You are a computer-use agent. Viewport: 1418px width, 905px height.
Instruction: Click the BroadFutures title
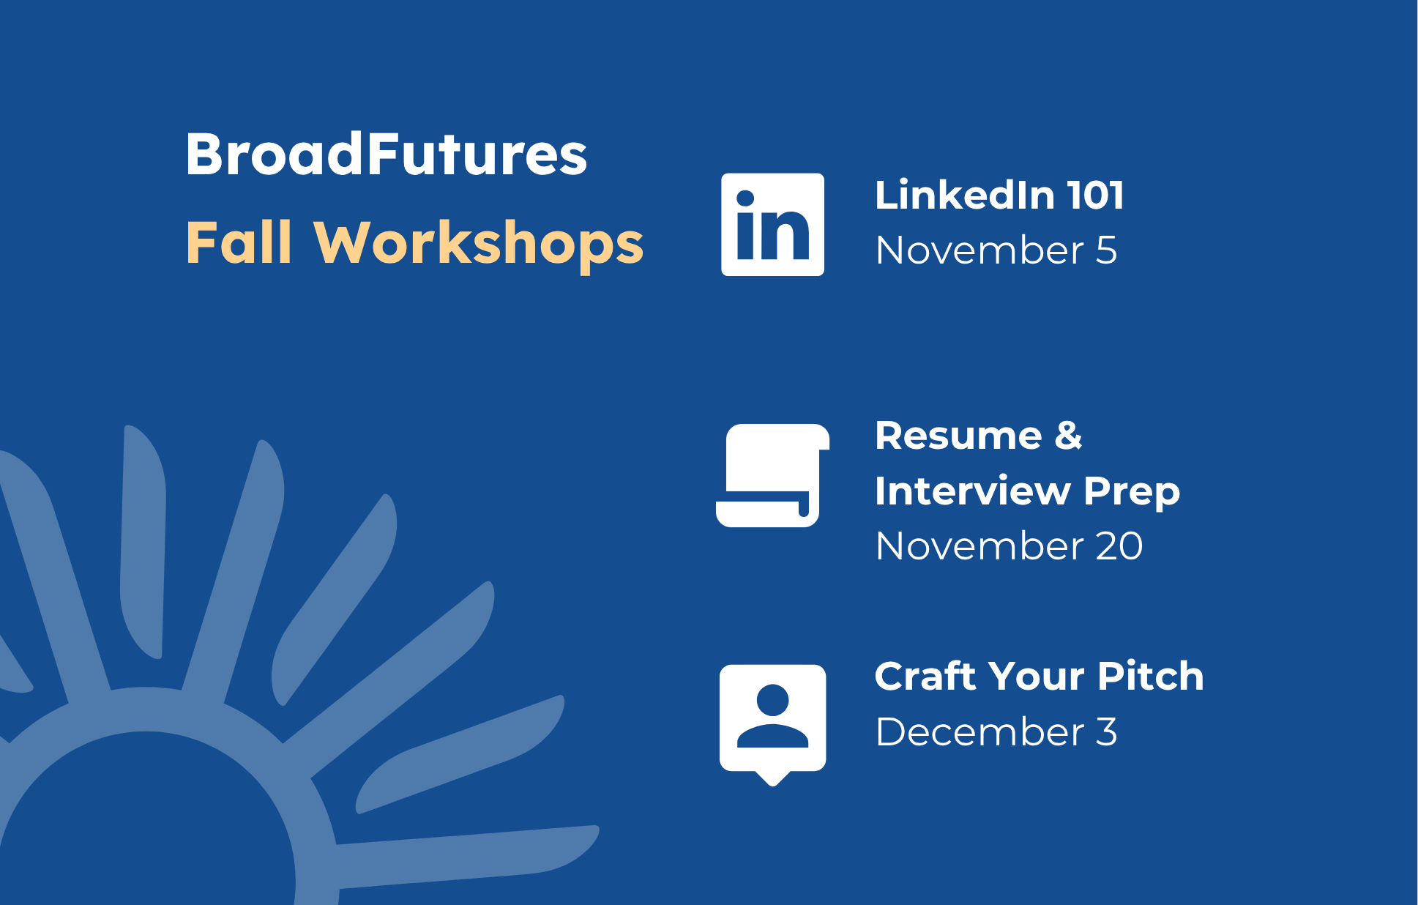point(387,154)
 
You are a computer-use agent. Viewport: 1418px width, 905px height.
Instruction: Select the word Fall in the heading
point(239,242)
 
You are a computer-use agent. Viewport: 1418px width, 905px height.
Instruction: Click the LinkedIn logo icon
point(772,224)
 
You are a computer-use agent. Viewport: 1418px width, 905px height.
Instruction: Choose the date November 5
point(996,250)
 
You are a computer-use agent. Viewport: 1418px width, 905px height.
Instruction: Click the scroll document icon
point(772,475)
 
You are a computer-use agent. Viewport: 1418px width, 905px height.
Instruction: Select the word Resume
point(958,436)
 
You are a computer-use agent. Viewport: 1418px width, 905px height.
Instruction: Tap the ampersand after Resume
point(1069,436)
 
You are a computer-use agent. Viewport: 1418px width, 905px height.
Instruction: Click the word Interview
point(973,491)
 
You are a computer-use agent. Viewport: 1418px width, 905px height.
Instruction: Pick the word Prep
point(1132,493)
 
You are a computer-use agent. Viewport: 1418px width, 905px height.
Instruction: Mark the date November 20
point(1009,546)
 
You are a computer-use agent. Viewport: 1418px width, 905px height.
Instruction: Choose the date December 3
point(996,731)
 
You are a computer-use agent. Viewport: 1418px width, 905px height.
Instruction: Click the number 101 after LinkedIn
point(1095,195)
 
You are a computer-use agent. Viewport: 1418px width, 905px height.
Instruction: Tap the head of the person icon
point(772,699)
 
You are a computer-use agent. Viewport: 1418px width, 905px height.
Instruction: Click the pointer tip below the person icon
point(773,786)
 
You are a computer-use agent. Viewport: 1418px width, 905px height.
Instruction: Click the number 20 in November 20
point(1119,546)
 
